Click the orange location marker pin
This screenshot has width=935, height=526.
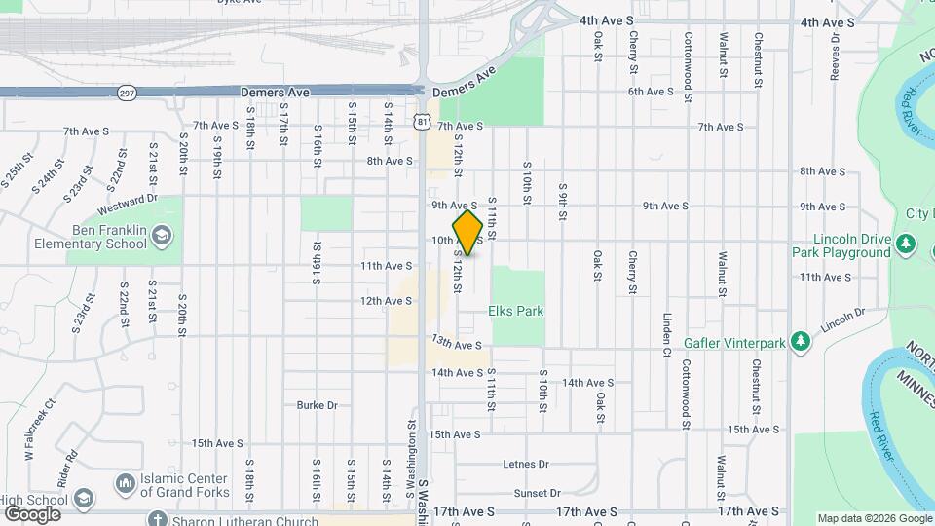pyautogui.click(x=467, y=233)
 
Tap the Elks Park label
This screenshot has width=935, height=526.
pyautogui.click(x=515, y=312)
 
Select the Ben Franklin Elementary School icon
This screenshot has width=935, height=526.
pyautogui.click(x=162, y=235)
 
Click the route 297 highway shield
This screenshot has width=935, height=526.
pyautogui.click(x=126, y=93)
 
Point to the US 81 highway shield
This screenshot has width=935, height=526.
pyautogui.click(x=421, y=121)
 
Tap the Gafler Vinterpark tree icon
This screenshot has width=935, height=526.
pyautogui.click(x=801, y=341)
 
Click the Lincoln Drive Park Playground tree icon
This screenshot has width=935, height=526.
pyautogui.click(x=907, y=243)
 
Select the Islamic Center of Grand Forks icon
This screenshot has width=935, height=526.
pyautogui.click(x=126, y=483)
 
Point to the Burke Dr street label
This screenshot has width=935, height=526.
pyautogui.click(x=317, y=405)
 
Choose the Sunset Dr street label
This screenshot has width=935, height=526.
pyautogui.click(x=538, y=494)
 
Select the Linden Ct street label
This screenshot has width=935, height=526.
pyautogui.click(x=668, y=332)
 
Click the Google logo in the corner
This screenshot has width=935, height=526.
pyautogui.click(x=32, y=513)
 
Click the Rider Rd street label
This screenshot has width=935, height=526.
pyautogui.click(x=71, y=469)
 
